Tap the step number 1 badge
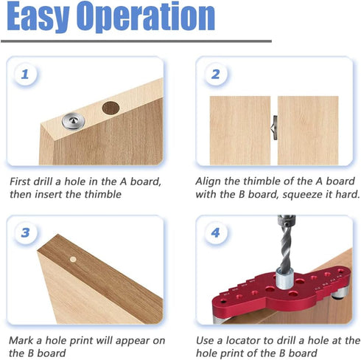[26, 75]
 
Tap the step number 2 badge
[216, 75]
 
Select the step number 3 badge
[26, 233]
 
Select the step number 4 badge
[216, 233]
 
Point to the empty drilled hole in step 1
[110, 107]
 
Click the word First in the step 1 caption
[22, 181]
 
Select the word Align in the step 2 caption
[210, 181]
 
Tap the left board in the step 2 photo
[239, 129]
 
